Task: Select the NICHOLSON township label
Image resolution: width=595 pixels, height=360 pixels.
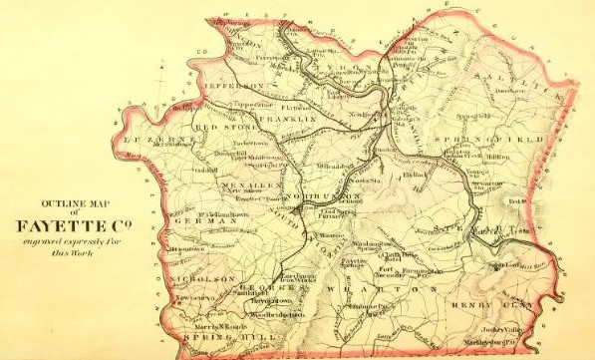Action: (x=205, y=276)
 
